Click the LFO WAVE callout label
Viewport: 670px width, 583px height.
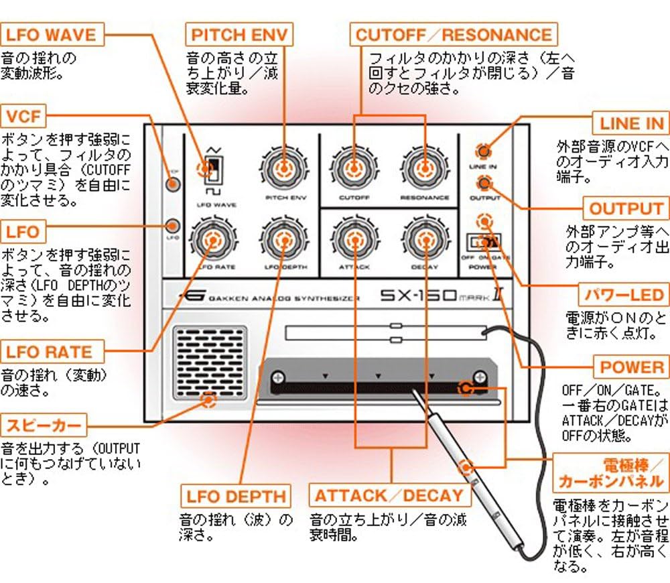pyautogui.click(x=52, y=34)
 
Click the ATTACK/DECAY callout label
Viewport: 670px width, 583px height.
pyautogui.click(x=389, y=496)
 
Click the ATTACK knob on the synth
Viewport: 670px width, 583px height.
pyautogui.click(x=353, y=239)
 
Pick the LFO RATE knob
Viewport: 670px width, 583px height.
pyautogui.click(x=212, y=239)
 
